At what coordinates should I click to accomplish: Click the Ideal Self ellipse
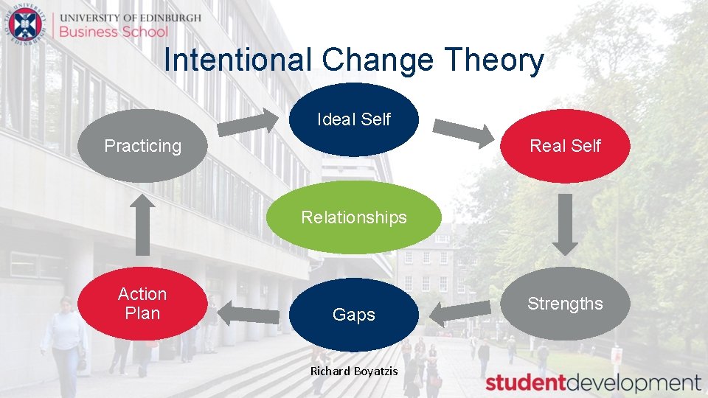pyautogui.click(x=354, y=119)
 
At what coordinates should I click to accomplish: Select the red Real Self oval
pyautogui.click(x=565, y=146)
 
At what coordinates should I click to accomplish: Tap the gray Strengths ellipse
pyautogui.click(x=565, y=304)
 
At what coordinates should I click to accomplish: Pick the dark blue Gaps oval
pyautogui.click(x=354, y=315)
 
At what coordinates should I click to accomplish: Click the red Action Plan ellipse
pyautogui.click(x=142, y=304)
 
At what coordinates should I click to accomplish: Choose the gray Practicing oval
pyautogui.click(x=142, y=146)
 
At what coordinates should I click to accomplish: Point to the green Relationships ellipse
pyautogui.click(x=354, y=217)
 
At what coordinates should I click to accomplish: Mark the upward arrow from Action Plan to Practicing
pyautogui.click(x=142, y=225)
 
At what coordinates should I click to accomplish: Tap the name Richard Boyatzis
pyautogui.click(x=354, y=371)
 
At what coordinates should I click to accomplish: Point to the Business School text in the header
pyautogui.click(x=114, y=32)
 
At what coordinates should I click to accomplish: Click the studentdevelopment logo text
pyautogui.click(x=593, y=383)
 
